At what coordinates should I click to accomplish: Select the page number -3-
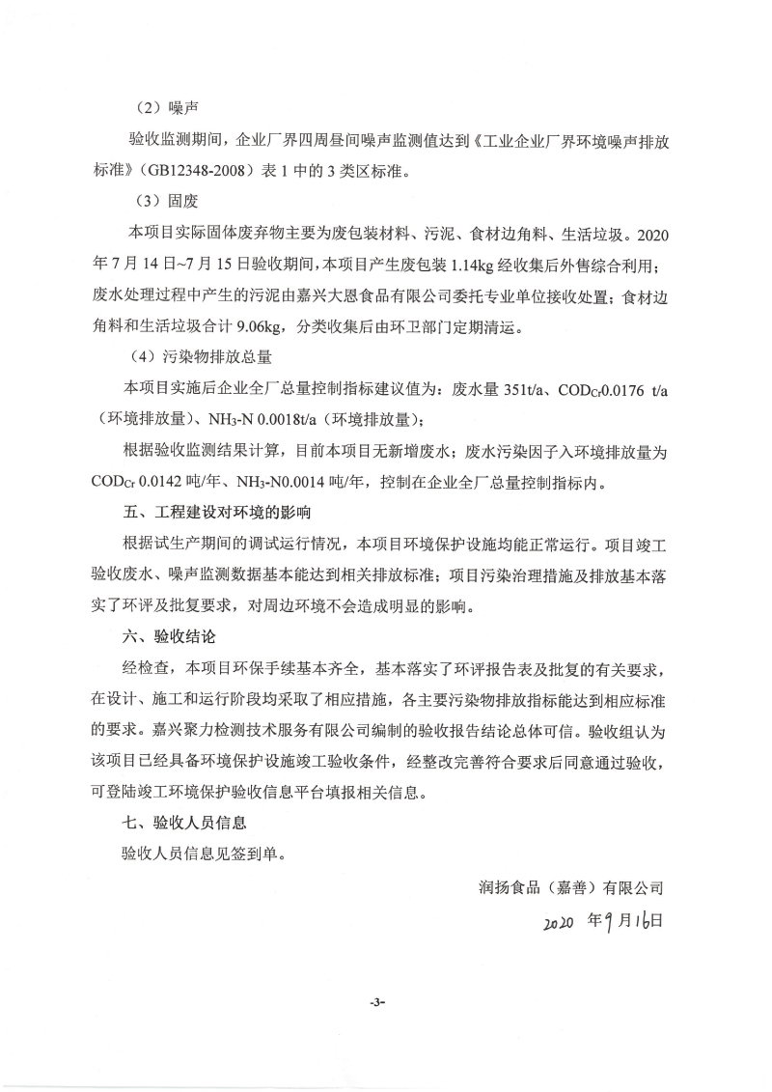coord(376,1003)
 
